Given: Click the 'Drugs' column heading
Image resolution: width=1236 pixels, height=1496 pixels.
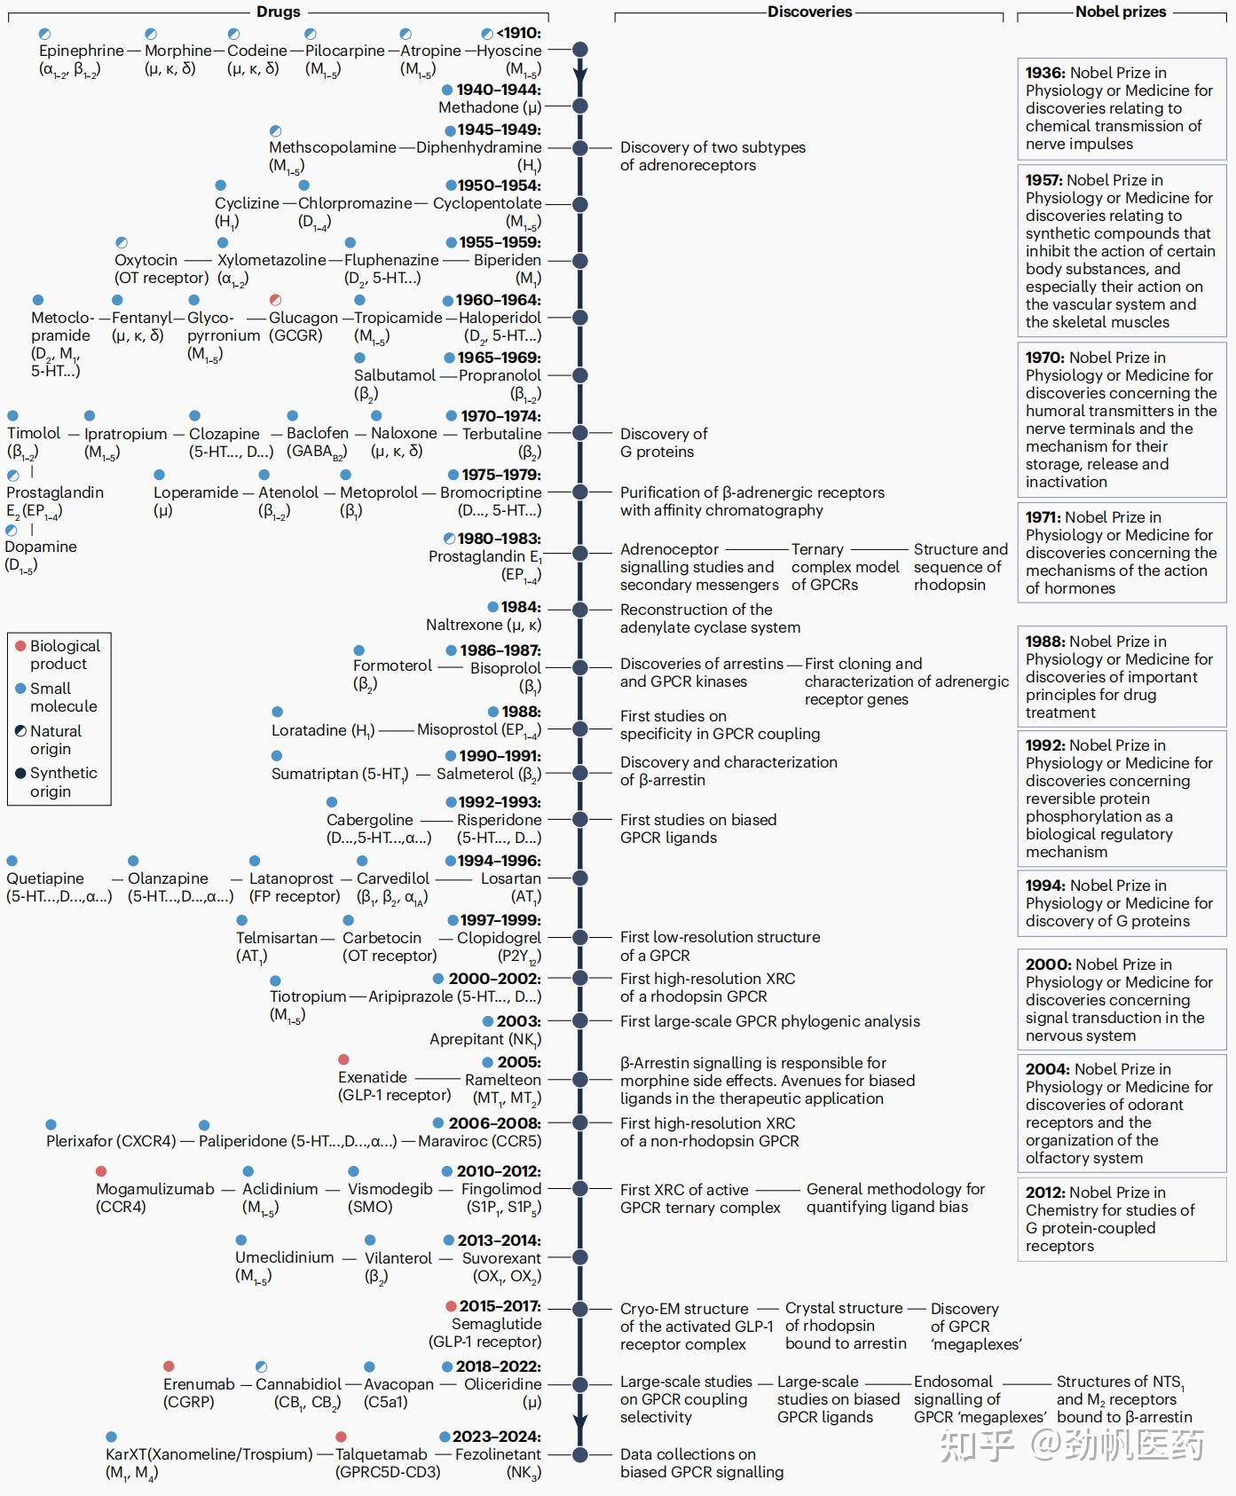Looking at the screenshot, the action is (278, 12).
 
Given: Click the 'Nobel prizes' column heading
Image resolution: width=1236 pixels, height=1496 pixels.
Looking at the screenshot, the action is (1120, 12).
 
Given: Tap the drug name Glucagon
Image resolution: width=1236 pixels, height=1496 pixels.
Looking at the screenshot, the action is (303, 318).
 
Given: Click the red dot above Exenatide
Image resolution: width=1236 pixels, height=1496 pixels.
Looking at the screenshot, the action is (343, 1059).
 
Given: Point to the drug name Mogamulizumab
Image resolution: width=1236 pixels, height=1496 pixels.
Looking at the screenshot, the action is (155, 1189).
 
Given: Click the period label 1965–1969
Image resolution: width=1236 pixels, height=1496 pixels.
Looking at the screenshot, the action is (499, 358).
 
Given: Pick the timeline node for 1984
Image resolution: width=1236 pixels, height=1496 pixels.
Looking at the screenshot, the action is (580, 610).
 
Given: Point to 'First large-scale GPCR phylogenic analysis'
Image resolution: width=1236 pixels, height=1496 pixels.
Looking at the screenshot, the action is (769, 1021).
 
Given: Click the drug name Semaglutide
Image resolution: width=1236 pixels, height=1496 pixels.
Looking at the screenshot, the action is (496, 1324).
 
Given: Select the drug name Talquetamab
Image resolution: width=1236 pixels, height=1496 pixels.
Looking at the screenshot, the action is (381, 1454).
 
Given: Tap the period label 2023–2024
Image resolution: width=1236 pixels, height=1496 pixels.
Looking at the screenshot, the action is (496, 1437).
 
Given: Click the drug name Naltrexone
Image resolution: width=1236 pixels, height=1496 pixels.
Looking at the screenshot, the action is (463, 625).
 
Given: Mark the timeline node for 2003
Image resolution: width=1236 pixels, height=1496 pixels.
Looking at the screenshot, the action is (580, 1020).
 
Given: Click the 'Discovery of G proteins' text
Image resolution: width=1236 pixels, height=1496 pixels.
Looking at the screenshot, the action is (663, 443).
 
